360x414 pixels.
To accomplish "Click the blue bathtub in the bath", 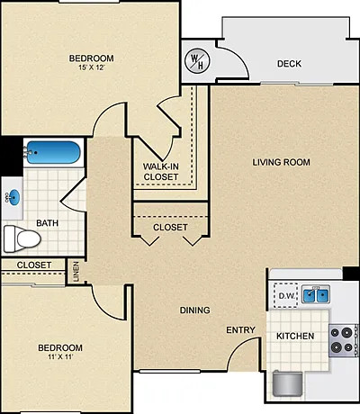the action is click(x=53, y=152).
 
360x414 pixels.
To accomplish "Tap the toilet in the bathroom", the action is click(x=22, y=238).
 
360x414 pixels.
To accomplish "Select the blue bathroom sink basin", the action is click(x=14, y=198).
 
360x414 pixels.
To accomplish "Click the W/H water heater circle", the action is click(x=197, y=61).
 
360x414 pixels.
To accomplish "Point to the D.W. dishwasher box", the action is click(x=286, y=295).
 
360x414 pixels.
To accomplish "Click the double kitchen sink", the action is click(x=315, y=294).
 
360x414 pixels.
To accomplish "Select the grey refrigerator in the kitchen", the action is click(x=287, y=383).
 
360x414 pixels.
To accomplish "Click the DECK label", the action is click(x=289, y=64).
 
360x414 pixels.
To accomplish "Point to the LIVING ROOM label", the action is click(x=282, y=162).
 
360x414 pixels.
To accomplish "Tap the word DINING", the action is click(x=194, y=310).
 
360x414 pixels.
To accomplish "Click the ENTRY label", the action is click(x=240, y=330).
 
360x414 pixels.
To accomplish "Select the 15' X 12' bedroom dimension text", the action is click(x=92, y=67).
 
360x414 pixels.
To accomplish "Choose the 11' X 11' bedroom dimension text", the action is click(x=60, y=357).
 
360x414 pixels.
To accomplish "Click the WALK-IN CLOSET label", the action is click(x=161, y=172).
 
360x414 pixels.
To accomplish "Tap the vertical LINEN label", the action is click(x=76, y=272).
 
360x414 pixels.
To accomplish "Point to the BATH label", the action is click(x=47, y=223).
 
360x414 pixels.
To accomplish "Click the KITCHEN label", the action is click(x=295, y=336).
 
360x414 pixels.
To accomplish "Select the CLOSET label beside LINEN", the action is click(x=34, y=265).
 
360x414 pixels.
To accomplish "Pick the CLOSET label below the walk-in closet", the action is click(x=170, y=228).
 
